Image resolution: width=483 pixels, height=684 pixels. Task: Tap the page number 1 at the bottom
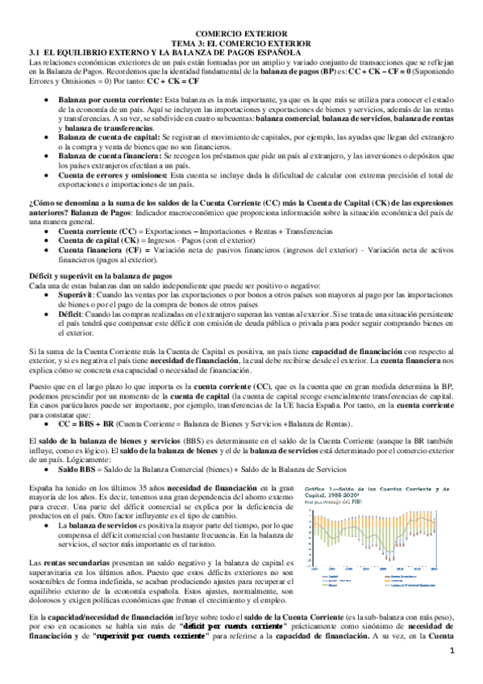click(452, 674)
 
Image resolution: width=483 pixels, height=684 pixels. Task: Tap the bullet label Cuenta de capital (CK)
click(95, 240)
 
